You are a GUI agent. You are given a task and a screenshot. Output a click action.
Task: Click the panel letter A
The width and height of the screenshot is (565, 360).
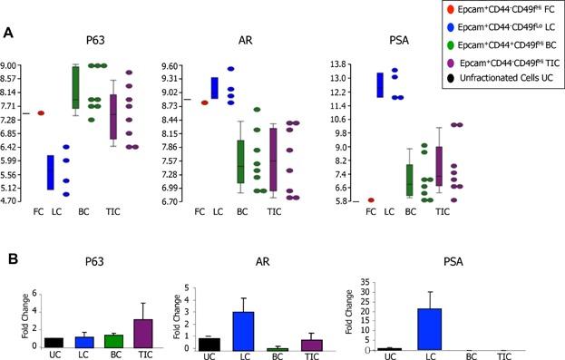[x=8, y=34]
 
